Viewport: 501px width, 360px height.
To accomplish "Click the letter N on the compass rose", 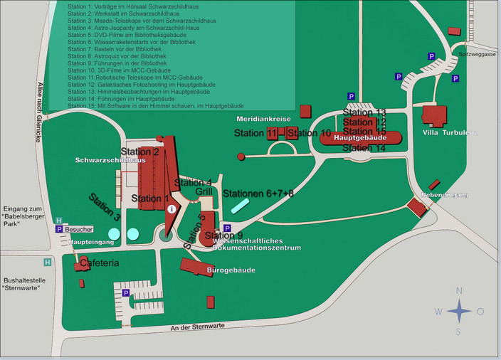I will coord(459,290).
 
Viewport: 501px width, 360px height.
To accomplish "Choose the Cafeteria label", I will coord(99,263).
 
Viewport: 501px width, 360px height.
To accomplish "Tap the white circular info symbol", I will coord(172,209).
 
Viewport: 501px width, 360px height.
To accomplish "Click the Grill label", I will coord(204,192).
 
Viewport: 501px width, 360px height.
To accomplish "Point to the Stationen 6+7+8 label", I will coord(258,193).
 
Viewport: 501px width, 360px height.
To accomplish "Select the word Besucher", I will coord(79,229).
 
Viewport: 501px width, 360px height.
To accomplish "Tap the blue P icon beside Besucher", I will coord(59,229).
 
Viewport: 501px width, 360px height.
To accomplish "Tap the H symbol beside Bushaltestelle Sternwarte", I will coord(47,262).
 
